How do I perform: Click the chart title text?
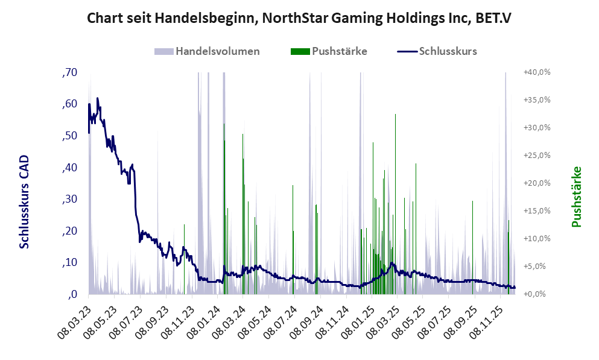coord(299,18)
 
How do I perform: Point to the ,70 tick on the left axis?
coord(69,72)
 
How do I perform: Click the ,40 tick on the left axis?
coord(69,168)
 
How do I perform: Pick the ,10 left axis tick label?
coord(69,262)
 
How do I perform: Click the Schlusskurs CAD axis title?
coord(24,201)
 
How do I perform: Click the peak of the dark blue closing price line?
coord(97,98)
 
